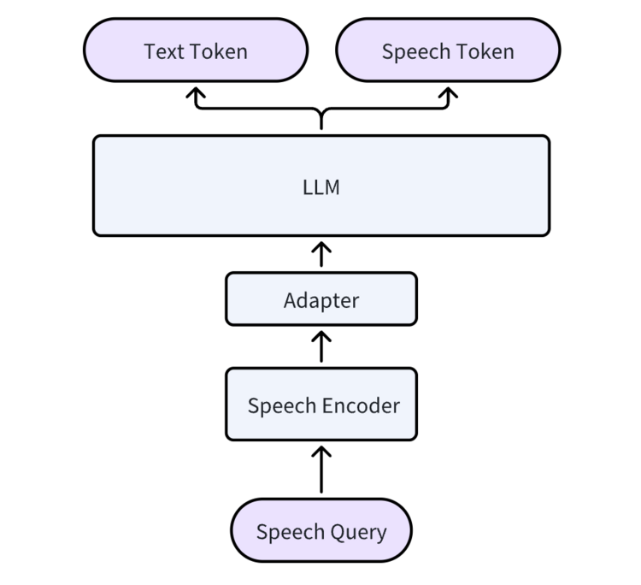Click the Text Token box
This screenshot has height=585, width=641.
click(196, 50)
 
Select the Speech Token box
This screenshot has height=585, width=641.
click(448, 50)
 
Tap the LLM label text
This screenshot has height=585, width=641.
click(321, 187)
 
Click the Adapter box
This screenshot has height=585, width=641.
click(321, 299)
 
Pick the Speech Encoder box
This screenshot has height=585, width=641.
click(321, 405)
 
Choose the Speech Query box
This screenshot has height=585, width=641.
click(321, 530)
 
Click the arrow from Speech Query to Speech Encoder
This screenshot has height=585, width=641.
click(321, 470)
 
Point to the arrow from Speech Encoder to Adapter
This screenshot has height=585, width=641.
click(321, 346)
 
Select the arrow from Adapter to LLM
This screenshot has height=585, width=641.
click(321, 254)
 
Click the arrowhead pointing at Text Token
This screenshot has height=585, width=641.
click(196, 92)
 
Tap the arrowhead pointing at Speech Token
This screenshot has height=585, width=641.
click(448, 92)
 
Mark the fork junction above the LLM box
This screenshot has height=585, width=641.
click(321, 110)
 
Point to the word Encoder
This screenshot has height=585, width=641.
click(361, 405)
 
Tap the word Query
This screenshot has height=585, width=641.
click(358, 533)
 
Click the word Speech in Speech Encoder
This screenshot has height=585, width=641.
click(282, 406)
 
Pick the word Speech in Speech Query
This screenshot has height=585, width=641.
click(291, 533)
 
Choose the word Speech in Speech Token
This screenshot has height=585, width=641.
click(416, 52)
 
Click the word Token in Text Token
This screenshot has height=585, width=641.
click(218, 51)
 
